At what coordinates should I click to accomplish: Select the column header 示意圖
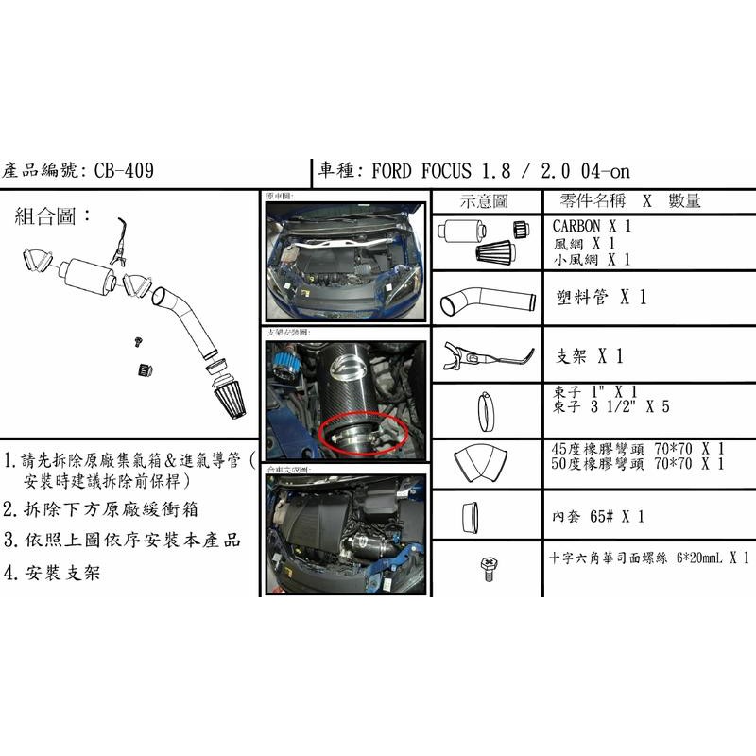(484, 201)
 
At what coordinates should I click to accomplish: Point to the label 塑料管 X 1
(601, 297)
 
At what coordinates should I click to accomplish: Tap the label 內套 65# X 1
(597, 517)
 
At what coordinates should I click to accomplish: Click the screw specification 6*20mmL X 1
(704, 558)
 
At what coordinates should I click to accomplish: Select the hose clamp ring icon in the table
(485, 409)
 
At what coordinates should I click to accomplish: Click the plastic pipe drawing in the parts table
(484, 301)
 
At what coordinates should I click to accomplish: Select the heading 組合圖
(54, 215)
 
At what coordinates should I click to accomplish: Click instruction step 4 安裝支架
(57, 572)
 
